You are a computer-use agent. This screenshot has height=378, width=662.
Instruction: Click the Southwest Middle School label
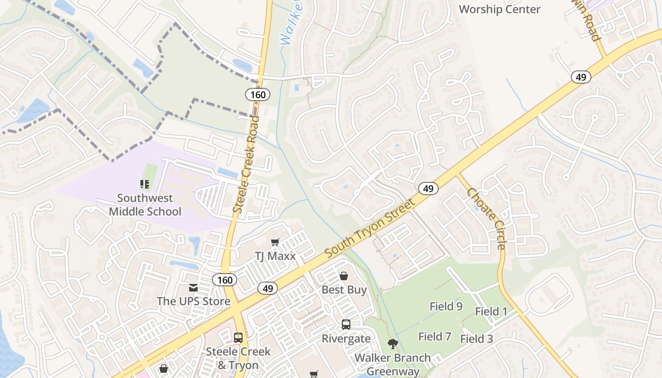145,205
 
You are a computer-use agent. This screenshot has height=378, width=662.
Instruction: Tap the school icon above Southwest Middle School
145,184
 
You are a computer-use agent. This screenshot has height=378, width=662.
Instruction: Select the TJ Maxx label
275,256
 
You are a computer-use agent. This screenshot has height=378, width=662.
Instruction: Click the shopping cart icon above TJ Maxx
275,242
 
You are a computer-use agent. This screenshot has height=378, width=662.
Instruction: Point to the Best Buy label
344,290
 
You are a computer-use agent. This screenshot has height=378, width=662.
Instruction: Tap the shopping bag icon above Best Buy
344,275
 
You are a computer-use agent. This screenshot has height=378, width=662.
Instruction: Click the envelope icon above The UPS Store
193,287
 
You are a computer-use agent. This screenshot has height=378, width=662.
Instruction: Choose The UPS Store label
193,301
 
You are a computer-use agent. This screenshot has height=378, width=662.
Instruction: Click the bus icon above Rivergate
346,325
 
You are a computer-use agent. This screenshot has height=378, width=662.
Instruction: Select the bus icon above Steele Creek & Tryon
238,338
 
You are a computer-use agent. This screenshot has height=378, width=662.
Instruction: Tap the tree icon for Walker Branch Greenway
392,344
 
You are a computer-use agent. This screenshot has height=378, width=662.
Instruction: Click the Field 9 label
446,306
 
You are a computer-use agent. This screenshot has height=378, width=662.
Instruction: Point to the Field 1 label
491,311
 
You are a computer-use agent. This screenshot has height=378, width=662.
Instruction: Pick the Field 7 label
435,336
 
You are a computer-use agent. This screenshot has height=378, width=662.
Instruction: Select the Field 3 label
477,339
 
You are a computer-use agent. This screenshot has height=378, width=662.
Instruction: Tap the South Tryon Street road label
370,228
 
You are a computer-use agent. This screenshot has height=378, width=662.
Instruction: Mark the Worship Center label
499,9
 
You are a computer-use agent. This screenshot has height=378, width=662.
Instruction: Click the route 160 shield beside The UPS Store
225,280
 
